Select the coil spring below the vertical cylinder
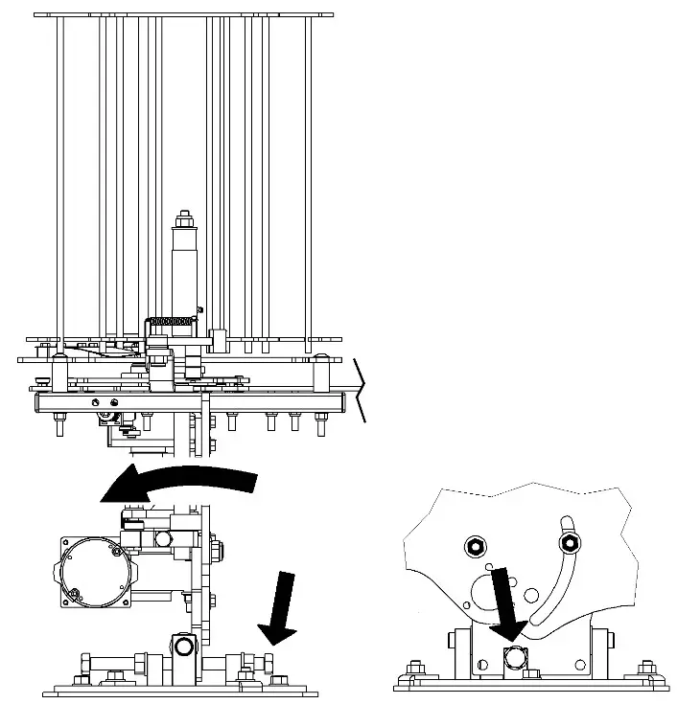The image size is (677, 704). point(171,321)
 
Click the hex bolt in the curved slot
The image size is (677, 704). point(570,544)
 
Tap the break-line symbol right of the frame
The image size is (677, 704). point(360,390)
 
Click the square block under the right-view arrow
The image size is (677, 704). point(514,657)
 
